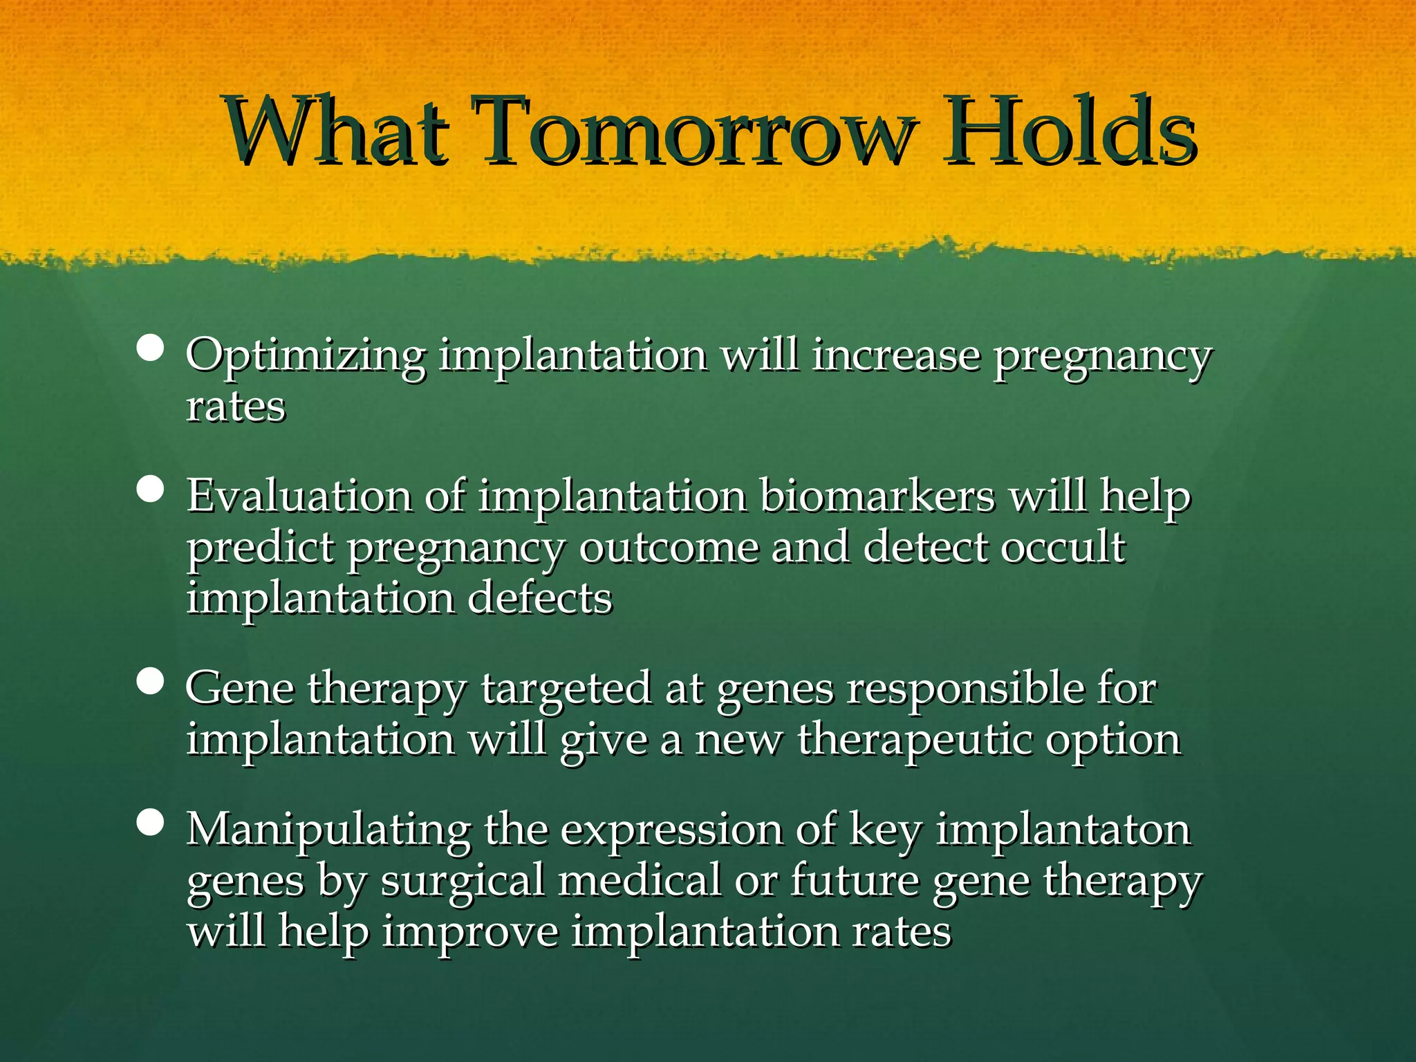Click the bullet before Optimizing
150,349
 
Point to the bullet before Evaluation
150,490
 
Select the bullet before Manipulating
150,823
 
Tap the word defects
540,598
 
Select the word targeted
566,690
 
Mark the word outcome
668,547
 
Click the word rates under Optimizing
235,407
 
